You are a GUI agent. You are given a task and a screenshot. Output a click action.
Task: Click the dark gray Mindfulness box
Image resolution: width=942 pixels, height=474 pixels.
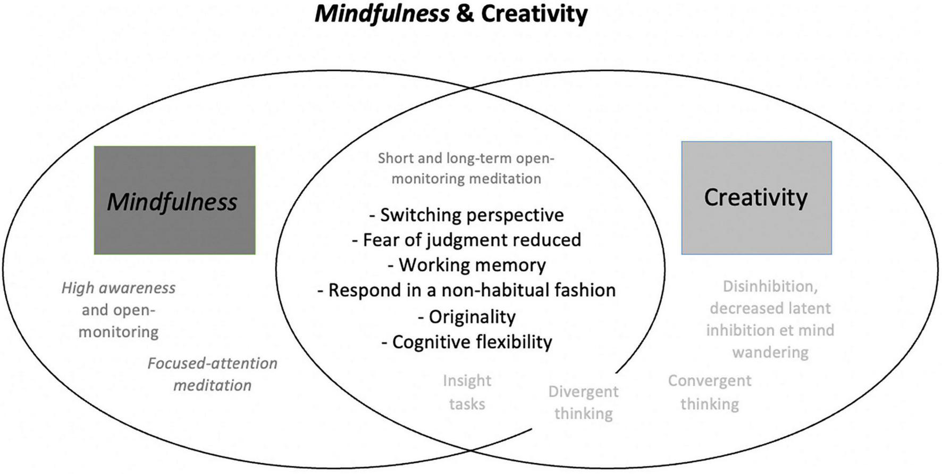[x=174, y=200]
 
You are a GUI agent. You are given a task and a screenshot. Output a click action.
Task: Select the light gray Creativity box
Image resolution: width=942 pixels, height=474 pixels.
[x=756, y=197]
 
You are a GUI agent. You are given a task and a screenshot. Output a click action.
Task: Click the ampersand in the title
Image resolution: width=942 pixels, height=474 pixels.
[x=464, y=14]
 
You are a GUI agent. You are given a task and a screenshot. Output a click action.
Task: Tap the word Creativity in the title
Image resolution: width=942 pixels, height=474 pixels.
[x=534, y=14]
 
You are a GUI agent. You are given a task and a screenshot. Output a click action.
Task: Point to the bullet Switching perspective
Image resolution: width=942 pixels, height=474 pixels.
[x=466, y=215]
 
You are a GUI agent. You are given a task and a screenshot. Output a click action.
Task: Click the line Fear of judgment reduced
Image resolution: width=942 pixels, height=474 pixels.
[x=466, y=240]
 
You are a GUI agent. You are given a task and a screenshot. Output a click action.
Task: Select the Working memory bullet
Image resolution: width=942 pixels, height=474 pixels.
[x=466, y=265]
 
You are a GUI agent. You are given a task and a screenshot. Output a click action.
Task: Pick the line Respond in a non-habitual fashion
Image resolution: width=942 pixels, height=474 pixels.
[x=466, y=290]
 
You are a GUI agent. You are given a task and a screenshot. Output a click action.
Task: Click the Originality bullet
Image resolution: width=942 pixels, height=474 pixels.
[x=466, y=317]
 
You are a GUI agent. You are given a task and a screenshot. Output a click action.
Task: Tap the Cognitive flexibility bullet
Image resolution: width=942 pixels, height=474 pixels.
[x=466, y=342]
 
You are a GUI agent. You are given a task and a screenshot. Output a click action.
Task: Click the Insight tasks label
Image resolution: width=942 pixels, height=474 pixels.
[x=467, y=392]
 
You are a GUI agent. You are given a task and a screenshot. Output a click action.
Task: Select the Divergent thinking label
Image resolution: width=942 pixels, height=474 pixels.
[x=583, y=403]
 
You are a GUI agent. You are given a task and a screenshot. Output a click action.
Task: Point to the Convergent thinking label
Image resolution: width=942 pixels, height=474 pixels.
[x=709, y=392]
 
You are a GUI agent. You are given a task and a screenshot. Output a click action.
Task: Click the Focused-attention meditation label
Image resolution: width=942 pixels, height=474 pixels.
[x=212, y=374]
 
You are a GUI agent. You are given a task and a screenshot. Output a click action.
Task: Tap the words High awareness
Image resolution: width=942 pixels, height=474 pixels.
[x=118, y=288]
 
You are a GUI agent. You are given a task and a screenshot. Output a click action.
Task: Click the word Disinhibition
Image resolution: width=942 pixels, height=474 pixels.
[x=769, y=286]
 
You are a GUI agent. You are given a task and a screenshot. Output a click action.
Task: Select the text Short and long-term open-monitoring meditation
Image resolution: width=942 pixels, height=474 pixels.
[x=466, y=168]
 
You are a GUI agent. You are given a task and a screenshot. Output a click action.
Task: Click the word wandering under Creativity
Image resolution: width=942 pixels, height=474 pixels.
[x=770, y=352]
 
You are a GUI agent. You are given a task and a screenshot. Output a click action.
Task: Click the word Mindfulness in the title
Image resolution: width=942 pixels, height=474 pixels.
[x=382, y=14]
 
